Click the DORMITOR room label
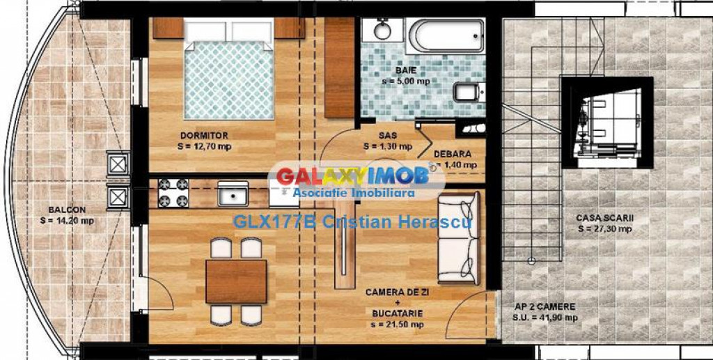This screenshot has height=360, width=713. tap(204, 135)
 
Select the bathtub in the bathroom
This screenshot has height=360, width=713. tap(446, 35)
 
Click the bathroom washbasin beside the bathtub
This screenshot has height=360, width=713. tap(382, 30)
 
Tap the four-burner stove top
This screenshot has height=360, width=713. tap(172, 193)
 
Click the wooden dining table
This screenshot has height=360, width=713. tap(237, 281)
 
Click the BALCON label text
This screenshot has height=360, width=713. tap(67, 210)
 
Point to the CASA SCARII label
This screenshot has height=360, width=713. tap(604, 218)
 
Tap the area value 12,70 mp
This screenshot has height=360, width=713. tap(205, 146)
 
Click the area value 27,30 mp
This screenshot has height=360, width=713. tap(604, 228)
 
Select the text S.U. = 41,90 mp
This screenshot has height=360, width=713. tap(546, 318)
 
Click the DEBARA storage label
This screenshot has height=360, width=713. tap(452, 154)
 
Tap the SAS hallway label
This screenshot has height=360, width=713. tap(388, 136)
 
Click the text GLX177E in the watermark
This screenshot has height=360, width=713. tap(258, 222)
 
